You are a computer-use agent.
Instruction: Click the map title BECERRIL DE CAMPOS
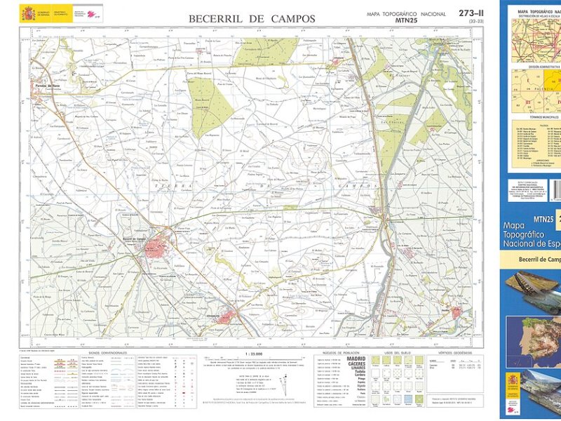pyautogui.click(x=252, y=19)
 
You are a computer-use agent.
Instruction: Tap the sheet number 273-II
pyautogui.click(x=471, y=13)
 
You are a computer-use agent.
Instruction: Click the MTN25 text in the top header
pyautogui.click(x=407, y=21)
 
